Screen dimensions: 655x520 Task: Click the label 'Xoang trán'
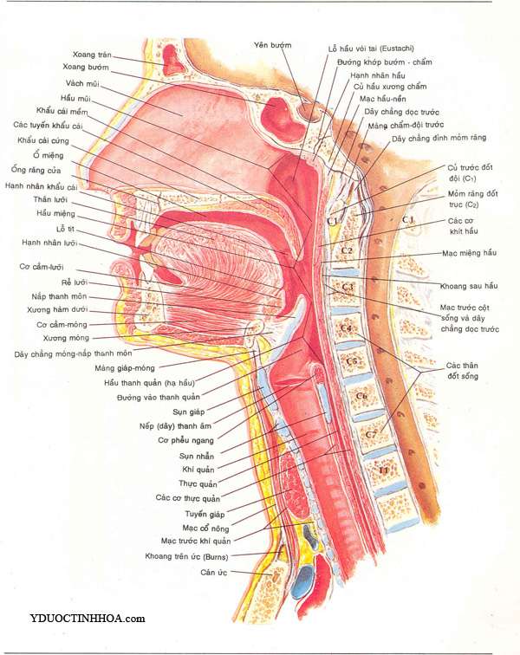[x=93, y=54]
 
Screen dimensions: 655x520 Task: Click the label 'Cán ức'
[x=214, y=572]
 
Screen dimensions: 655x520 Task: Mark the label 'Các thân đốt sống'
[x=463, y=372]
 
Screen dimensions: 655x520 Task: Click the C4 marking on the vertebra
[x=346, y=328]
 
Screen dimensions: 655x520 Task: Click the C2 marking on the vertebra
[x=345, y=250]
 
